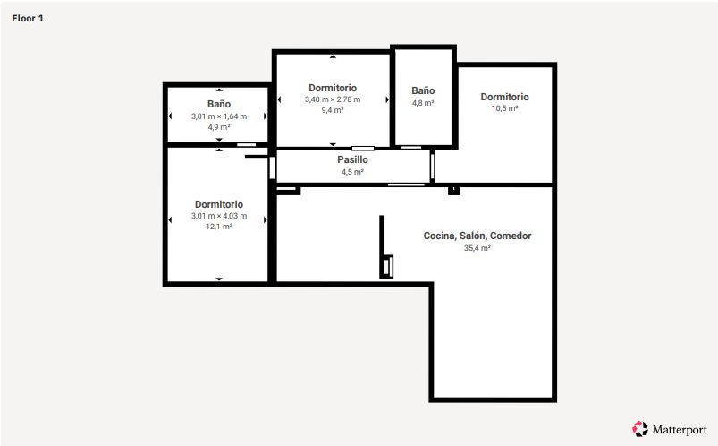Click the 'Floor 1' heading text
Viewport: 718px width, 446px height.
[29, 18]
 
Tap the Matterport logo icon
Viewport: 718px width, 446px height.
[639, 428]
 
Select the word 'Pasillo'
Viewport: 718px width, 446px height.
[352, 160]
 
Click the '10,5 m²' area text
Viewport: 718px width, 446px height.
[504, 108]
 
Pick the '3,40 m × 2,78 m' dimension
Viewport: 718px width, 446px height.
[333, 99]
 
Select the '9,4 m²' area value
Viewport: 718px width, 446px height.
[333, 110]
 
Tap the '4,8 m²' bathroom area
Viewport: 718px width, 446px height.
[423, 103]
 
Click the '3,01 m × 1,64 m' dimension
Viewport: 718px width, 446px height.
[218, 116]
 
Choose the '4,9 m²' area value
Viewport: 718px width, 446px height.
[218, 127]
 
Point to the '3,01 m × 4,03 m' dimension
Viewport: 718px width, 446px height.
[218, 216]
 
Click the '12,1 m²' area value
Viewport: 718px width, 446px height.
[218, 227]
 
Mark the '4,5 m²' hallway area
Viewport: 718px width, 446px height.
[352, 172]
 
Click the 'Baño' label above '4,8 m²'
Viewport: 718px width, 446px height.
[423, 91]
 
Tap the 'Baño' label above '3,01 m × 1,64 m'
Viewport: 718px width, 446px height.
[218, 105]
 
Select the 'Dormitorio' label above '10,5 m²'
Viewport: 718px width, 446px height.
[504, 97]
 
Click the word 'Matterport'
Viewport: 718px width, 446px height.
[678, 429]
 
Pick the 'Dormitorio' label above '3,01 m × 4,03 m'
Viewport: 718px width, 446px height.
[218, 204]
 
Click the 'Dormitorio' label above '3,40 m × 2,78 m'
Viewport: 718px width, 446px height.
[333, 88]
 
